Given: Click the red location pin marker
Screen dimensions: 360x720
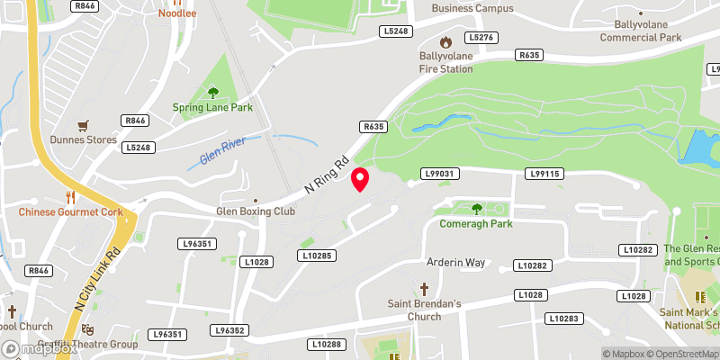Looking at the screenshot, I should pyautogui.click(x=360, y=179).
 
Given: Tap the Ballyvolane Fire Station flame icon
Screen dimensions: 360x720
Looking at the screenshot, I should pyautogui.click(x=445, y=41).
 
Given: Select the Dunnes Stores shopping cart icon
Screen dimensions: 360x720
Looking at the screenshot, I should pyautogui.click(x=84, y=125).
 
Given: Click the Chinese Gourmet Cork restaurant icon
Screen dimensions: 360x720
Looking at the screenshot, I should pyautogui.click(x=69, y=196).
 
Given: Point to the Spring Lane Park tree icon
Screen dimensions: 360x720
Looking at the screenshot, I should pyautogui.click(x=213, y=92).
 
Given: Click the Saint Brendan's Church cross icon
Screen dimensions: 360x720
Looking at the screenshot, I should pyautogui.click(x=425, y=289).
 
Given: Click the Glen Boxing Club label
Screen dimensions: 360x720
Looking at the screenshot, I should pyautogui.click(x=256, y=211).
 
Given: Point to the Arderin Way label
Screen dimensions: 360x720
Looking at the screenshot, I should pyautogui.click(x=455, y=262).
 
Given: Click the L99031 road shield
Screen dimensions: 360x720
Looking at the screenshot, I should pyautogui.click(x=441, y=173).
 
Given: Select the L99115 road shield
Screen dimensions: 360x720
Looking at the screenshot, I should pyautogui.click(x=545, y=173).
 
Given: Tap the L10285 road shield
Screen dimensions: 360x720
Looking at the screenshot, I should pyautogui.click(x=317, y=256).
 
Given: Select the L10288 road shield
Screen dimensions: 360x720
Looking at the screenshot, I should pyautogui.click(x=326, y=344).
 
